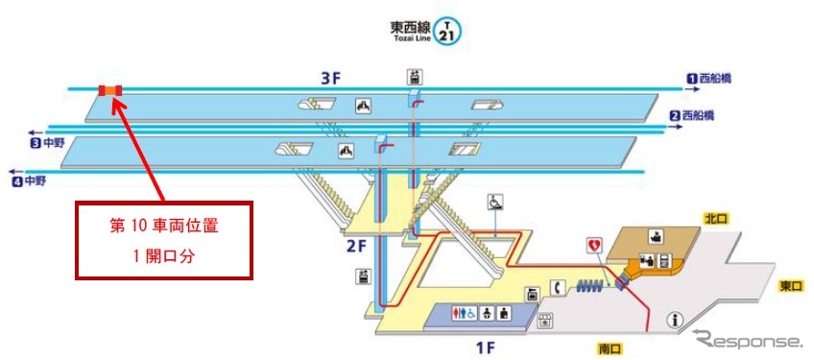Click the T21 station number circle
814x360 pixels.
tap(447, 31)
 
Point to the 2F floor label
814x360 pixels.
tap(356, 245)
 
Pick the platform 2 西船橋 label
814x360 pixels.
tap(692, 116)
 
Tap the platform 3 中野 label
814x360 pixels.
tap(46, 143)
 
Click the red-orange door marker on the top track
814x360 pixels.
tap(109, 90)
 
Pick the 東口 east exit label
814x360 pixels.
tap(791, 286)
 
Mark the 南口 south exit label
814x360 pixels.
tap(609, 348)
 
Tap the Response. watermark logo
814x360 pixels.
tap(748, 341)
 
